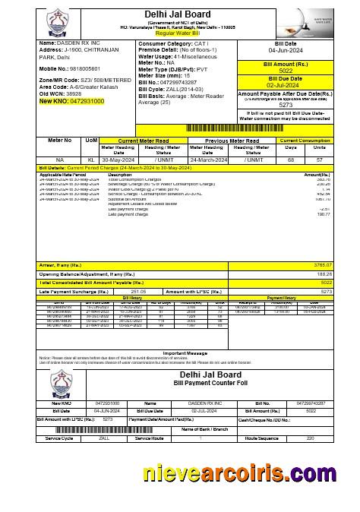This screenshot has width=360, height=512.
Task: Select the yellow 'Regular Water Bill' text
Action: [179, 33]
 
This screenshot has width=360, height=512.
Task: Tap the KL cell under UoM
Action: [91, 160]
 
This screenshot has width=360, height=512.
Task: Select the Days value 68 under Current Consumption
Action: [290, 160]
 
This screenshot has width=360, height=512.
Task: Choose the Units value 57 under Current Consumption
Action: [320, 160]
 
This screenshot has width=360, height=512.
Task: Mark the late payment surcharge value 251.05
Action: [139, 291]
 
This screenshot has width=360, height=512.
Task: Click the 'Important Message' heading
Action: [185, 352]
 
